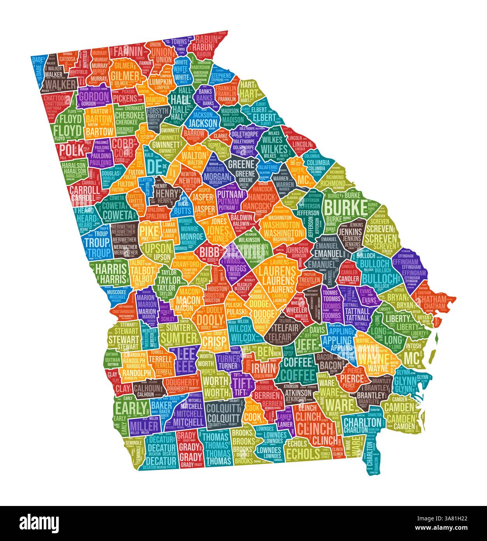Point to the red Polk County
[x=72, y=150]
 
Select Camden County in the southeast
[x=401, y=413]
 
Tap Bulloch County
[x=379, y=272]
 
